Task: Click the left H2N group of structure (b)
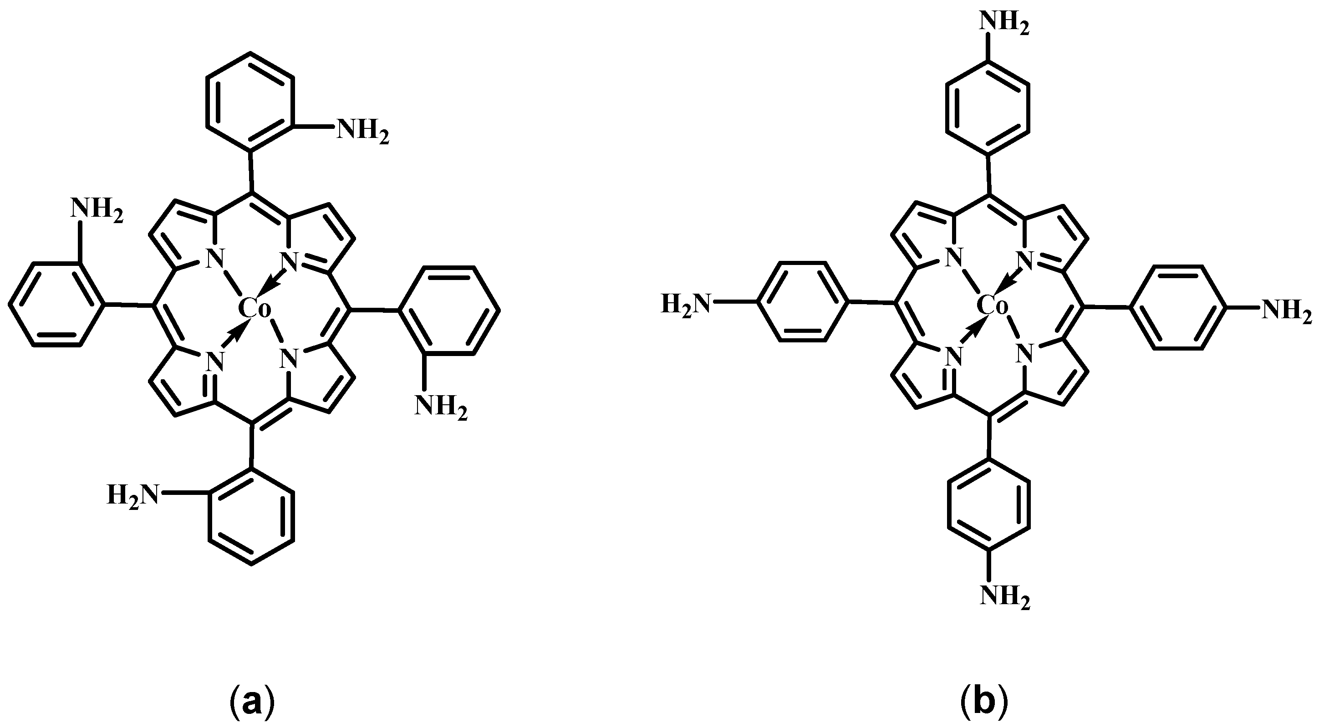pyautogui.click(x=687, y=305)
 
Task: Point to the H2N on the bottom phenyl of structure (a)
pyautogui.click(x=132, y=495)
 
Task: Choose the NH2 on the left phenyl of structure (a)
pyautogui.click(x=96, y=210)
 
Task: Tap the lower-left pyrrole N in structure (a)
pyautogui.click(x=215, y=362)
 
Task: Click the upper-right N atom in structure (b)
pyautogui.click(x=1026, y=260)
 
